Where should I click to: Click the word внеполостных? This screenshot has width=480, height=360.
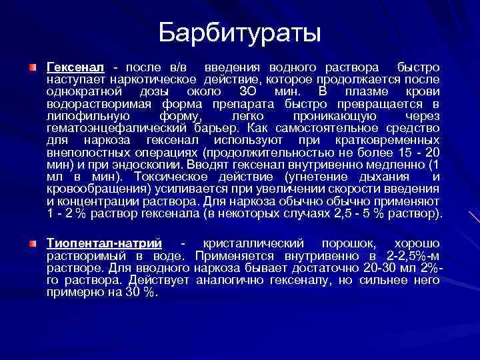point(84,152)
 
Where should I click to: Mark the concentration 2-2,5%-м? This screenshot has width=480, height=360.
point(413,257)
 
